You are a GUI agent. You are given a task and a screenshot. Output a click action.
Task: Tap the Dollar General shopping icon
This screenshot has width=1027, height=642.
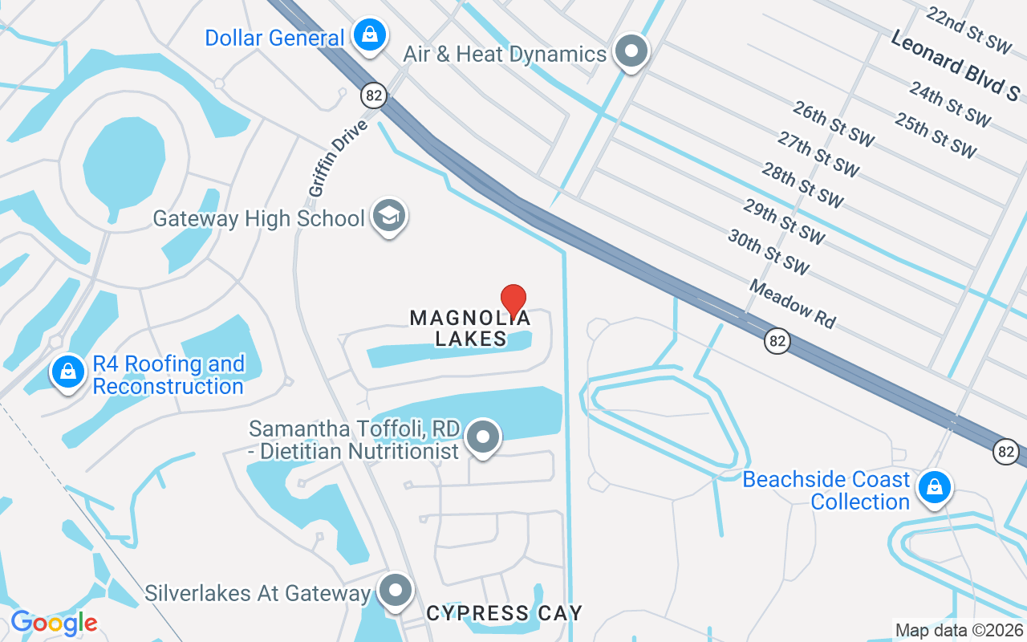369,35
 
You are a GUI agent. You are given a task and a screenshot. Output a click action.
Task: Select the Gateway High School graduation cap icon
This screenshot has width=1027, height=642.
389,216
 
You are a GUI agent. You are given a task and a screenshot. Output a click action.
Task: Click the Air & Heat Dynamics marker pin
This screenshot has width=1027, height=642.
631,51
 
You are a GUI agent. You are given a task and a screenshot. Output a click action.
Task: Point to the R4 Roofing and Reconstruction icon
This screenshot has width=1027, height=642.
69,372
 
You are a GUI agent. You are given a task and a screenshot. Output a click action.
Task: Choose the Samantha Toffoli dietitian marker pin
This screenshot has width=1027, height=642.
483,437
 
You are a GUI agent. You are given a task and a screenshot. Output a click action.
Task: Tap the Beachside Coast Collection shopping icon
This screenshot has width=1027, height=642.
934,486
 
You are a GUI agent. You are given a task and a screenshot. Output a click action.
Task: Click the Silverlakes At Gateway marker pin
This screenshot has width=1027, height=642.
395,591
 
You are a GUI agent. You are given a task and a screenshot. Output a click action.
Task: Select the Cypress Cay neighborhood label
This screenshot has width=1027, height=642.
504,614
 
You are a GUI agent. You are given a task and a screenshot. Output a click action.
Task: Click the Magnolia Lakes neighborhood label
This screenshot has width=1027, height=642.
470,328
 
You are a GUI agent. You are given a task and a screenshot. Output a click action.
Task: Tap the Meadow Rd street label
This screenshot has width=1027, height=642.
793,303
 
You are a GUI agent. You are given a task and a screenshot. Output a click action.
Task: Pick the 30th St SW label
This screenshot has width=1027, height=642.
768,251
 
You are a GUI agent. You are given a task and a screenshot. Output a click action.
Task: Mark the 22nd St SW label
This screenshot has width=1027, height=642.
967,30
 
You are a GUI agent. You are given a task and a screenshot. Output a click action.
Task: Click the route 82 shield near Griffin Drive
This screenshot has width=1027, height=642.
374,95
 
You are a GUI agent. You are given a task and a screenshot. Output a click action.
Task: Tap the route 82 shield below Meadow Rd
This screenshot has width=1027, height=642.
776,340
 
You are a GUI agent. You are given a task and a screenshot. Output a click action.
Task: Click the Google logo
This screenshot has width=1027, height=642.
53,623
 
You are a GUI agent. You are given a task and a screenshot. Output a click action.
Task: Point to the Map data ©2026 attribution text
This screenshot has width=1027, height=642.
959,631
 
